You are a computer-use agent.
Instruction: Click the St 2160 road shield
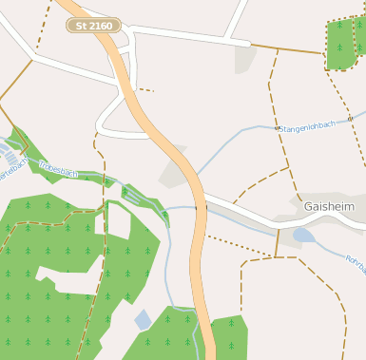93,26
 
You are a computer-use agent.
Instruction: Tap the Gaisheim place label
329,206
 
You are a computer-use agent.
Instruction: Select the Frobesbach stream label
59,168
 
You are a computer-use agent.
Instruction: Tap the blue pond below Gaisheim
303,235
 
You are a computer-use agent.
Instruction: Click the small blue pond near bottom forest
142,319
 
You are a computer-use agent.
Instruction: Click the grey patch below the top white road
245,59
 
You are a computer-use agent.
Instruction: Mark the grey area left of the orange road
174,171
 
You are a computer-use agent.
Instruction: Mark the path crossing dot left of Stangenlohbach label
277,127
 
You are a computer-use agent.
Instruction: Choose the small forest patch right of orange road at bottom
229,337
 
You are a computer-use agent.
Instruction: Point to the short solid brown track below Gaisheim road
278,241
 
